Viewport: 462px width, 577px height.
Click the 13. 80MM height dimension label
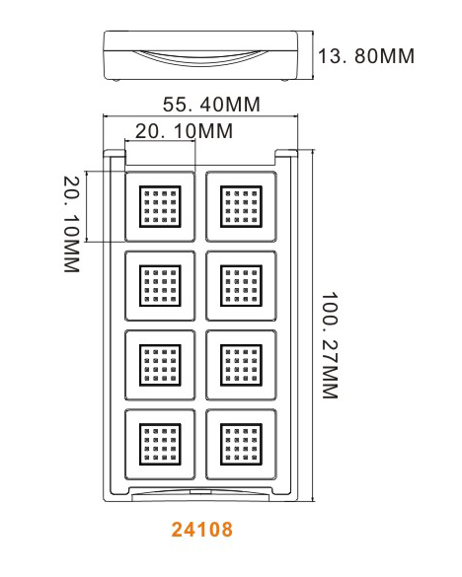pos(366,56)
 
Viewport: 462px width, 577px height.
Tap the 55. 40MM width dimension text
pos(212,105)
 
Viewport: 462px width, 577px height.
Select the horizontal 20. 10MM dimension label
pos(185,131)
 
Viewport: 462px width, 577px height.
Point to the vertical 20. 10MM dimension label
pos(71,224)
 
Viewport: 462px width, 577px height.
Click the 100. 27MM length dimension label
pos(330,345)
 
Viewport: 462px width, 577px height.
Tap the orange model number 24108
pos(202,529)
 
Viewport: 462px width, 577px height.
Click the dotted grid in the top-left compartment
pos(160,206)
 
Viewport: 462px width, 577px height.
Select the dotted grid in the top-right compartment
pos(241,206)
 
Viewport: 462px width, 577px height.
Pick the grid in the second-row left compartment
pos(160,286)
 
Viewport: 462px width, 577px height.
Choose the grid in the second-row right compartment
pos(241,286)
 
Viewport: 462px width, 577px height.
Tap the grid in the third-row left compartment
pos(160,365)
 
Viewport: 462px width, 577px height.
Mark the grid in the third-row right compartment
pos(241,365)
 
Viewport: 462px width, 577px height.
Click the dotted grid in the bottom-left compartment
pos(160,444)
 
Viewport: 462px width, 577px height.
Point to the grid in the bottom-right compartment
pos(241,444)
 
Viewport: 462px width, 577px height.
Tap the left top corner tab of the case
pos(115,153)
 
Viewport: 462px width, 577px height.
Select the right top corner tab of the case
pos(286,153)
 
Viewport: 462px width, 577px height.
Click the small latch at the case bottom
pos(200,491)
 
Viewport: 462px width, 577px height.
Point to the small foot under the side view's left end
pos(116,80)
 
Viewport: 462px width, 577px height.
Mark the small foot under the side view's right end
pos(284,80)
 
